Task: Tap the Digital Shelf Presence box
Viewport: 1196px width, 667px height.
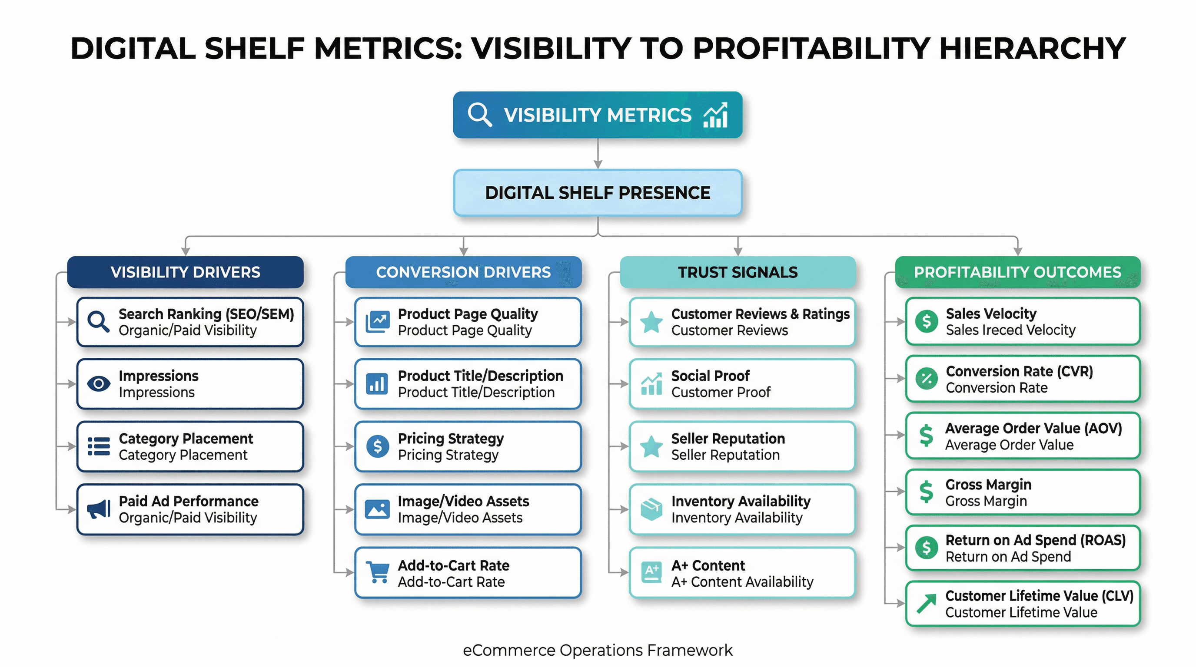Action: [x=598, y=192]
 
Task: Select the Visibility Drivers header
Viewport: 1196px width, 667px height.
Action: [x=185, y=272]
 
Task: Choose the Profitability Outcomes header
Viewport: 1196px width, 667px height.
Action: [x=1017, y=272]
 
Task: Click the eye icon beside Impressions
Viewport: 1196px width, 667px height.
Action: [x=98, y=383]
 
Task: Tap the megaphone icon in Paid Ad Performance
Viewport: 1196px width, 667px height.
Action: [x=98, y=509]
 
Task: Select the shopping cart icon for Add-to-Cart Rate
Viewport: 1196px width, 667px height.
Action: [x=378, y=572]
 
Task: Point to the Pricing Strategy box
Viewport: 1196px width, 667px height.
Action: [x=468, y=446]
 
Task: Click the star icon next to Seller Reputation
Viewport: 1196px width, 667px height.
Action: [x=651, y=446]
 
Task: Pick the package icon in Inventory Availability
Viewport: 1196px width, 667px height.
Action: [x=651, y=509]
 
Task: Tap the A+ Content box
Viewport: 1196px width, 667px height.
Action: [x=741, y=573]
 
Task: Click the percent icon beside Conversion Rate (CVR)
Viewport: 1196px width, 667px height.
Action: [x=926, y=379]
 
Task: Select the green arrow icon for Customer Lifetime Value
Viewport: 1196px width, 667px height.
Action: [x=926, y=604]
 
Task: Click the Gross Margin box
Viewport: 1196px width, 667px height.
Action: [x=1022, y=492]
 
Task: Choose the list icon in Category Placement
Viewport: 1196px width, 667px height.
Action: [x=98, y=446]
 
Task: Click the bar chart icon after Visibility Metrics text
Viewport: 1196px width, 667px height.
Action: [x=715, y=115]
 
